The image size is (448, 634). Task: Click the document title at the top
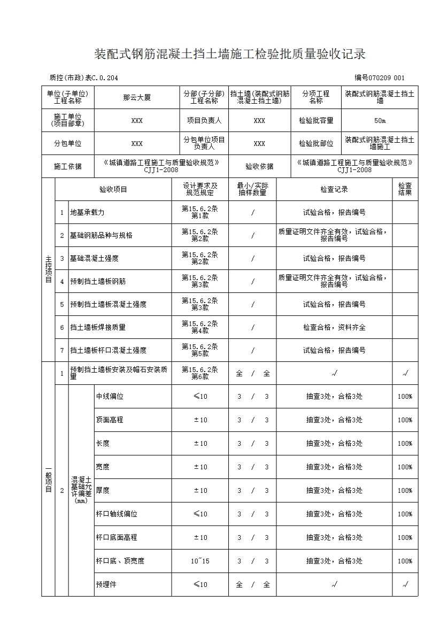[230, 54]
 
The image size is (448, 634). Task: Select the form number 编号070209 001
[379, 78]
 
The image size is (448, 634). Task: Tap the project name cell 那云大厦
[137, 97]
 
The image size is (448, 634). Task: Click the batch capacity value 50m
[380, 121]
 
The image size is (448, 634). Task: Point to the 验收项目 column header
[113, 189]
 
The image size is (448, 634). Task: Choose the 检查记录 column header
[334, 189]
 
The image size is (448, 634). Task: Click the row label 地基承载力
[87, 212]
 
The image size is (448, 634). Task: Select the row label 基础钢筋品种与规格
[101, 235]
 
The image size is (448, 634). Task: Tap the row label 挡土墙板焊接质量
[98, 327]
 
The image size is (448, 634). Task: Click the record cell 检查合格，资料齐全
[334, 327]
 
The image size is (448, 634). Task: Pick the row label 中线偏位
[110, 397]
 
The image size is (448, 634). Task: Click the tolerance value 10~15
[200, 561]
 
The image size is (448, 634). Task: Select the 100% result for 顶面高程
[405, 420]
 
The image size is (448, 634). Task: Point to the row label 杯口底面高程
[117, 538]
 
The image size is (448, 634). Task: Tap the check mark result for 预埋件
[405, 585]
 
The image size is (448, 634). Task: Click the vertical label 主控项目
[48, 269]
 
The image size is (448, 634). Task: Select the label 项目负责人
[204, 121]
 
